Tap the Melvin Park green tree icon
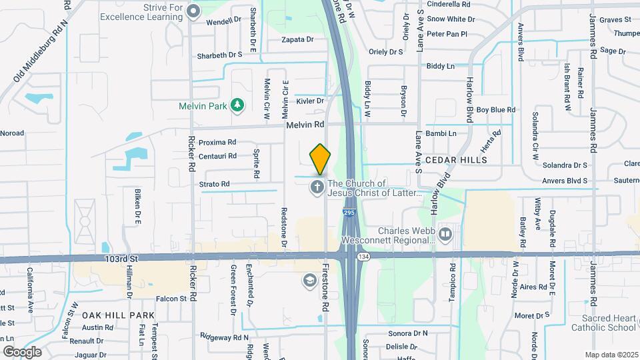[x=237, y=105]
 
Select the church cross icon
[x=317, y=187]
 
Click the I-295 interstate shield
[x=349, y=213]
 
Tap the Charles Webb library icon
[x=445, y=235]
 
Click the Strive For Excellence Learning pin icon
[x=194, y=11]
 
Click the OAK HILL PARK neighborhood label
[x=119, y=315]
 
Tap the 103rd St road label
[x=121, y=258]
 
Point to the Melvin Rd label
[x=305, y=125]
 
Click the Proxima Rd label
[x=217, y=142]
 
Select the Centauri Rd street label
[x=217, y=156]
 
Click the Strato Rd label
[x=214, y=184]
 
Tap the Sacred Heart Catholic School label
[x=603, y=323]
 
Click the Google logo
[x=22, y=351]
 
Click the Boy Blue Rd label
[x=496, y=109]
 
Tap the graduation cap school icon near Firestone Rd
[x=309, y=281]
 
